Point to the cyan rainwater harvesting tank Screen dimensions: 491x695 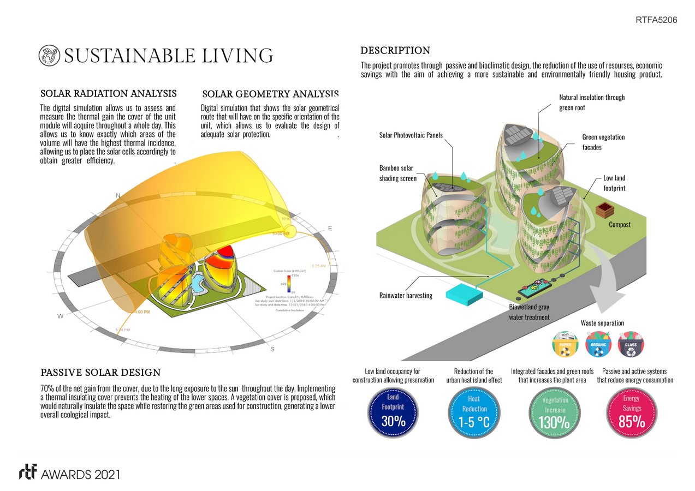[x=464, y=294]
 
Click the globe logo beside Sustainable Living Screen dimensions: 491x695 [x=50, y=55]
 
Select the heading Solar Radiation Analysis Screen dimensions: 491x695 [x=108, y=93]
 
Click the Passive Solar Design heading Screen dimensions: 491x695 [x=100, y=373]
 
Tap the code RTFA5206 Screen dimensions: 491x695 [x=656, y=20]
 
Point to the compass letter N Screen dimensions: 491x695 [x=117, y=195]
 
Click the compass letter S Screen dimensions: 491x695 [x=272, y=349]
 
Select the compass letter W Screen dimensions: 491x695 [x=60, y=316]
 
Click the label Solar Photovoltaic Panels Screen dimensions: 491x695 [x=411, y=135]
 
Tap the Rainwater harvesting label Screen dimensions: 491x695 [x=406, y=296]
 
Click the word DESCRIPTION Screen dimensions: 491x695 [x=395, y=51]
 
